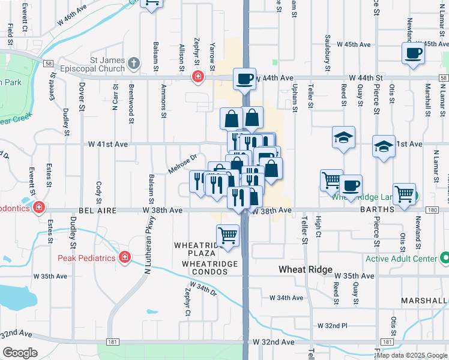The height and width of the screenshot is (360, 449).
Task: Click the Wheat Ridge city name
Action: pos(305,269)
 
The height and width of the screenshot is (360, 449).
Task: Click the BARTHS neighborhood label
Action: pos(376,210)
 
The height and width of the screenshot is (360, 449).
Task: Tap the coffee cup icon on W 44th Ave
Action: pos(245,79)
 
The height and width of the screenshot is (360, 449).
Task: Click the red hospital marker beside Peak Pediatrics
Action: pos(125,257)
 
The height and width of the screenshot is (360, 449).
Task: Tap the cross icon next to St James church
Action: pos(133,62)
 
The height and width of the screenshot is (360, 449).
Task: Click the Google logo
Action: pos(20,353)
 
